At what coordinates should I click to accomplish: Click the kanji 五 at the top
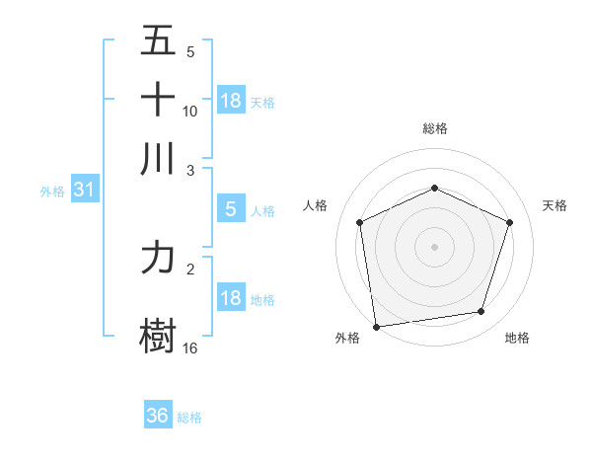click(158, 41)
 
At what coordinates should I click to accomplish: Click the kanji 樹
click(158, 333)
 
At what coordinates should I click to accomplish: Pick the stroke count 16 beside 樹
click(190, 348)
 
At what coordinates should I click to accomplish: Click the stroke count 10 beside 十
click(190, 111)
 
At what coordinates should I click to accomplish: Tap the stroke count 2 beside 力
click(190, 268)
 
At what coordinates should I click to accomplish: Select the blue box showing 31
click(83, 190)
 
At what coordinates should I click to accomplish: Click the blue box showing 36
click(158, 416)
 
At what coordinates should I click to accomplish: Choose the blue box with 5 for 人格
click(230, 208)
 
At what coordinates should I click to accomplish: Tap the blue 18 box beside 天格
click(231, 100)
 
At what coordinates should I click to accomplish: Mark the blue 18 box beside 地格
click(231, 297)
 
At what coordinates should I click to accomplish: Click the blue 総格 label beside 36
click(189, 418)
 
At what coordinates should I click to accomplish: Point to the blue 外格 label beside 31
click(51, 192)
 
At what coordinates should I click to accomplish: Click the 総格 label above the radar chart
click(435, 128)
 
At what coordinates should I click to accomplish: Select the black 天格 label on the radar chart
click(555, 205)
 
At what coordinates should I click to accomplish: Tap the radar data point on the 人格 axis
click(360, 222)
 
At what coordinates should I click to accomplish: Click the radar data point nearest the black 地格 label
click(481, 312)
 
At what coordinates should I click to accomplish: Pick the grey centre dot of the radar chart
click(435, 246)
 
